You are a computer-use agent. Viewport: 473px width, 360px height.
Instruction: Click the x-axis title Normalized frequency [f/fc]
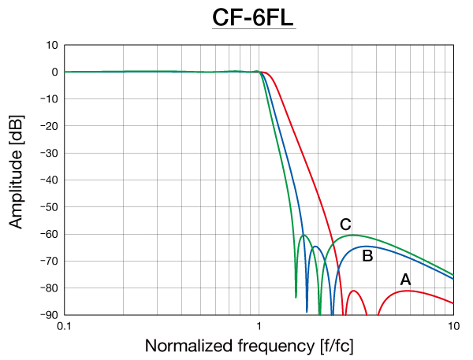257,345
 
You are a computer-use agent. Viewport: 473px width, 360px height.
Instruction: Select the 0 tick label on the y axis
54,72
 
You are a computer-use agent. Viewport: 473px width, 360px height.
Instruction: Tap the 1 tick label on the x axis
259,325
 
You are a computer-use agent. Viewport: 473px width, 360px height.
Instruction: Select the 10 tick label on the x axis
453,325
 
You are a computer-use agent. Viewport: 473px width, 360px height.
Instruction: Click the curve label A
405,279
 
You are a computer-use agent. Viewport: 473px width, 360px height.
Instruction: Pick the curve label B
367,255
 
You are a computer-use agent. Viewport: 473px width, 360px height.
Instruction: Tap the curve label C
345,225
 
